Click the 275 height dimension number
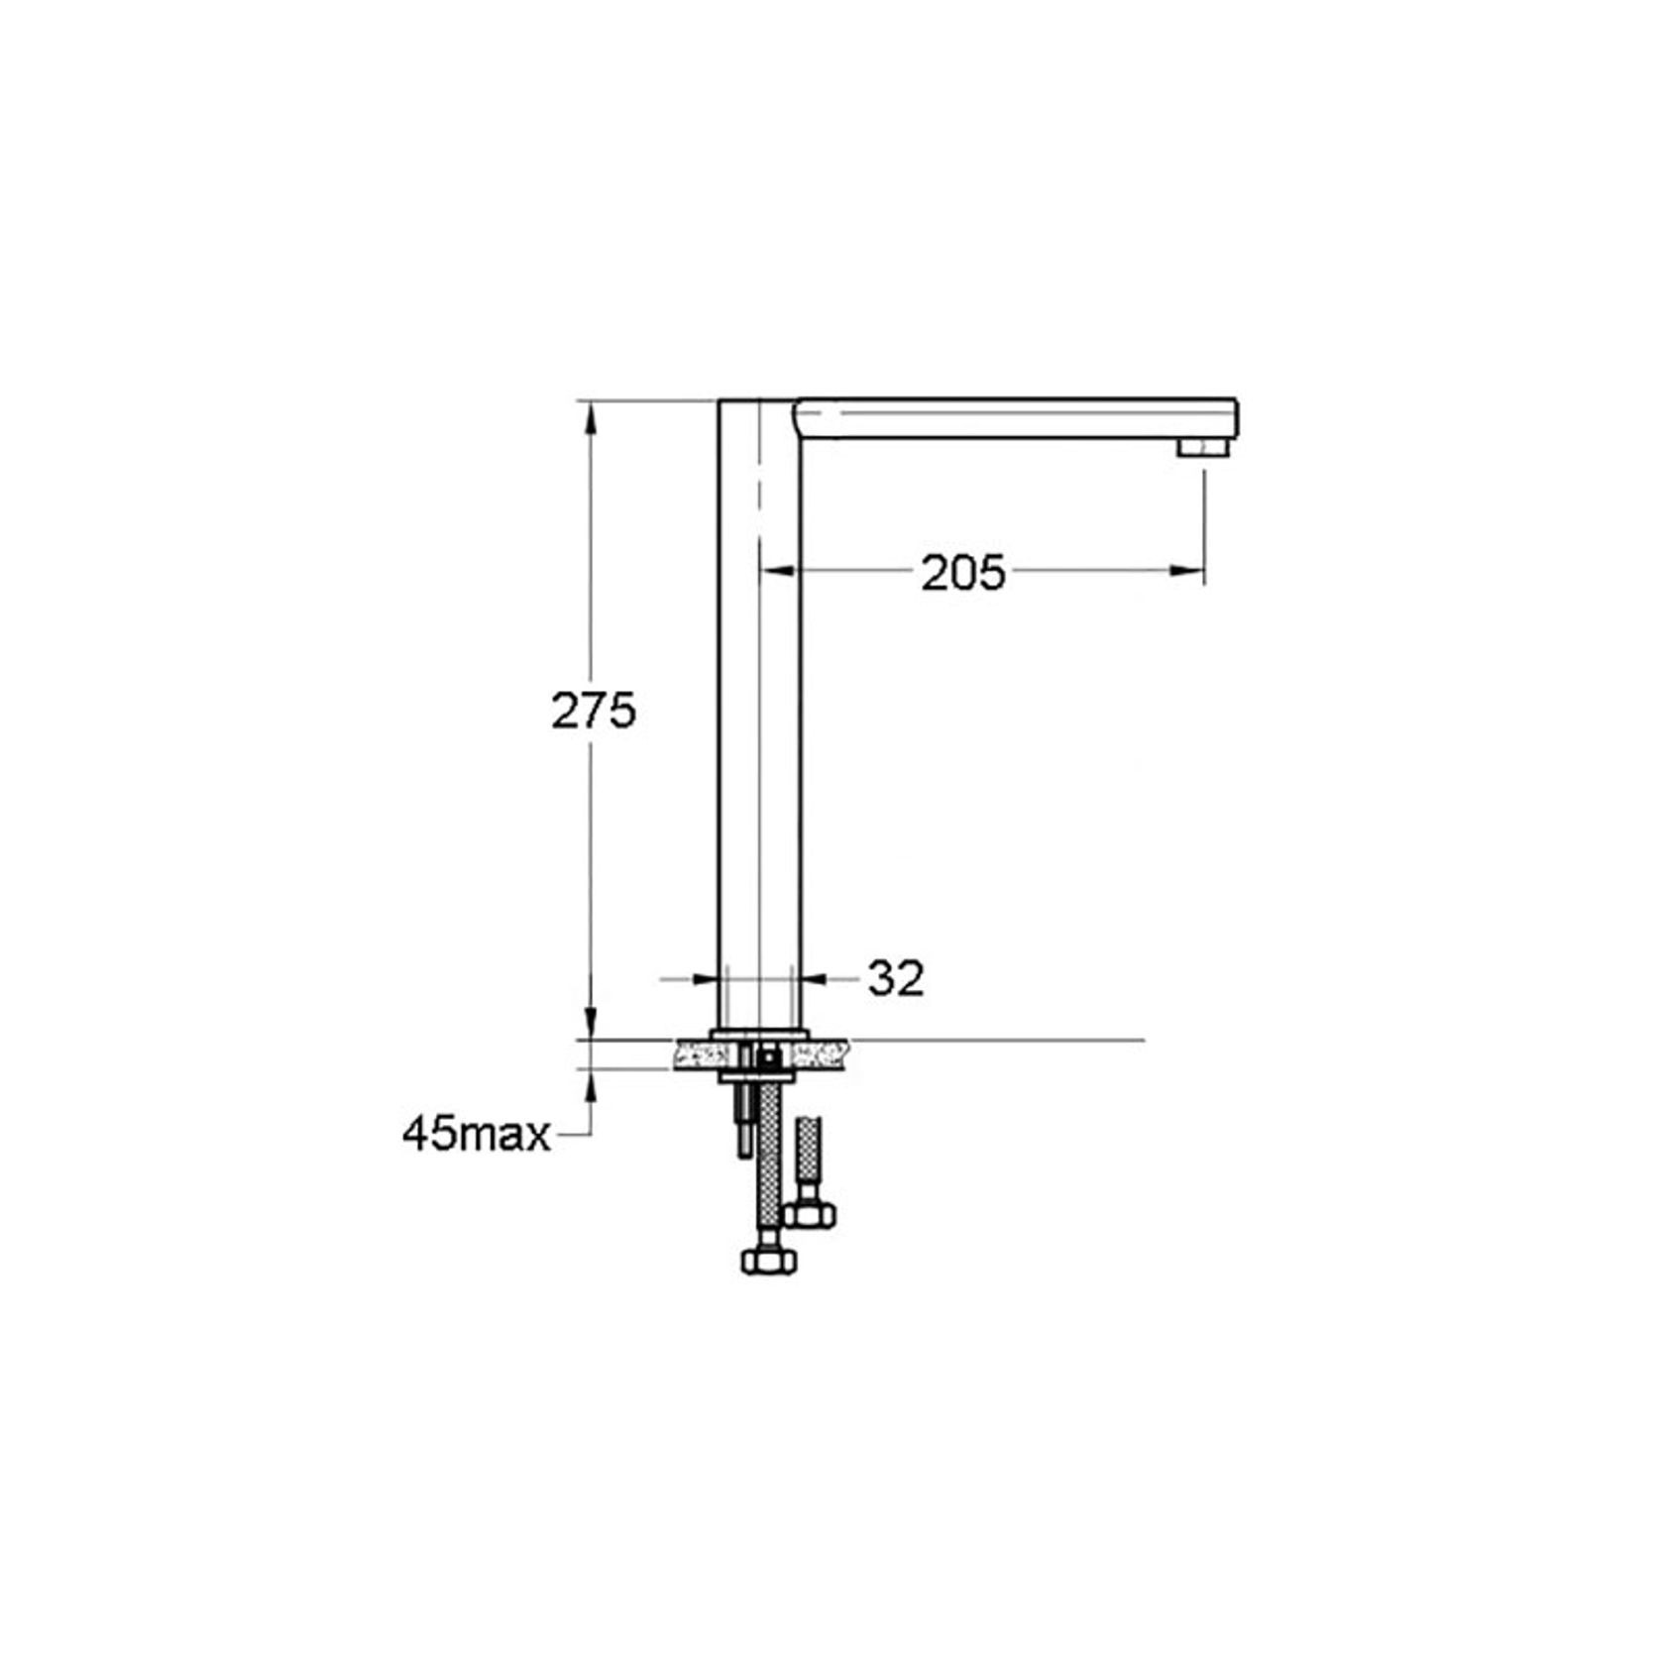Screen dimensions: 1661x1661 [593, 711]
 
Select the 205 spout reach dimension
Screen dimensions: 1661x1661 [962, 573]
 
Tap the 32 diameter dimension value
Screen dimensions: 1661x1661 [896, 978]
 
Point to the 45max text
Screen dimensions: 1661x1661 [476, 1135]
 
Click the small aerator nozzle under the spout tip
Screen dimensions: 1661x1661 [1200, 448]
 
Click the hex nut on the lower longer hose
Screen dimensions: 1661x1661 [768, 1260]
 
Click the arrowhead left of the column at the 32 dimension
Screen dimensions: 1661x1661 [705, 979]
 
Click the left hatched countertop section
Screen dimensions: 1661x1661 [694, 1054]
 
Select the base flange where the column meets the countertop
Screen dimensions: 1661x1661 [759, 1034]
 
